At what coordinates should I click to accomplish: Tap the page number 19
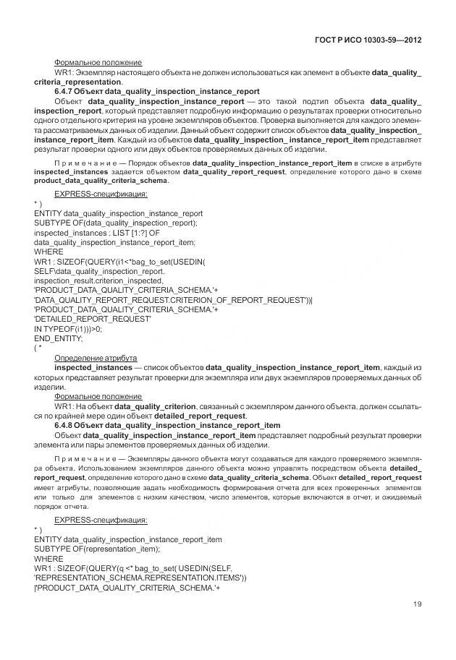pos(417,604)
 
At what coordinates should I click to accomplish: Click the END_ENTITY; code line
pos(59,338)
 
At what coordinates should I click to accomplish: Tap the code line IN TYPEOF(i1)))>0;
pos(68,328)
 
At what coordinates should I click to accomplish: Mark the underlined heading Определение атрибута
pos(96,358)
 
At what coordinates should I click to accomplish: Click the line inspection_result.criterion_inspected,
pos(98,280)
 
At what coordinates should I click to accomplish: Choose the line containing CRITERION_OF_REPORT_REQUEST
pos(172,299)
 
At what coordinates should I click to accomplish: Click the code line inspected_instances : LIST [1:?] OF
pos(96,233)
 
